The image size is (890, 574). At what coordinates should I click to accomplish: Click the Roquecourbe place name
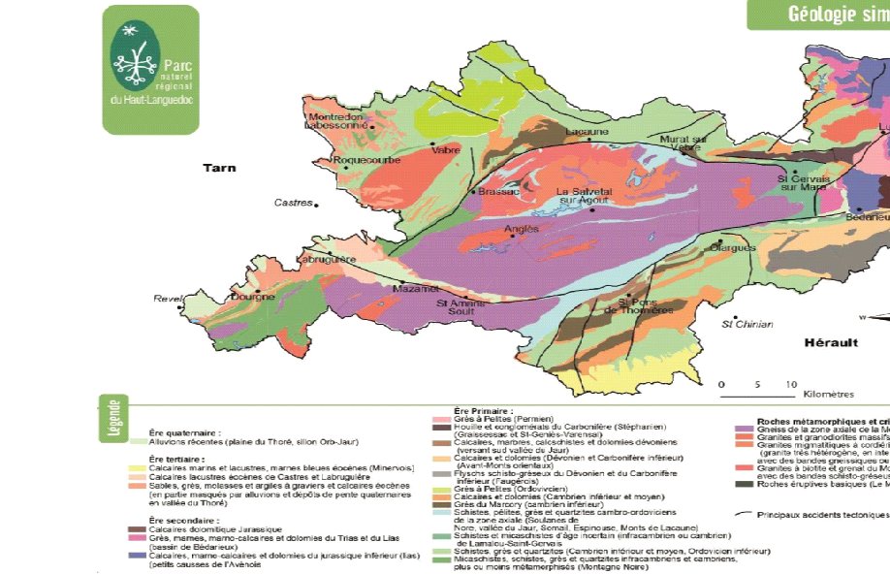point(360,161)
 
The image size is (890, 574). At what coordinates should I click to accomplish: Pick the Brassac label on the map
point(499,192)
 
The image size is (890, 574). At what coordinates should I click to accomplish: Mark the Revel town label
point(167,299)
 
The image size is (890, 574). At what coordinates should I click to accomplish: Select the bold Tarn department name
point(218,168)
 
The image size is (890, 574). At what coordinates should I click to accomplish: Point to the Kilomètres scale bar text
point(828,395)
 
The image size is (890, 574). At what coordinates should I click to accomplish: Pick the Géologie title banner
point(831,14)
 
